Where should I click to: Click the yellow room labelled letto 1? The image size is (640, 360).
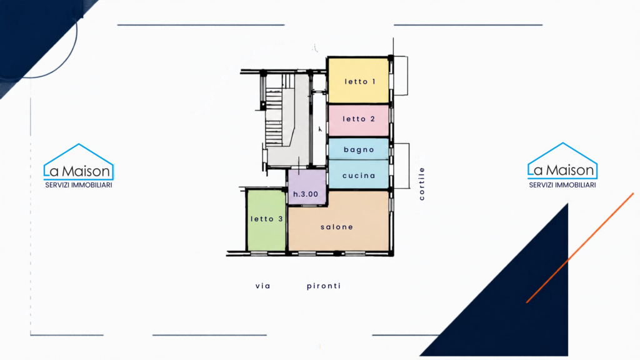tap(358, 81)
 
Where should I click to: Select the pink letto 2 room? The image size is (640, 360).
tap(358, 121)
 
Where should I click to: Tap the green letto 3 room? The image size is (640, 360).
tap(266, 221)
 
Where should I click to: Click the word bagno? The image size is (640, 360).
tap(359, 150)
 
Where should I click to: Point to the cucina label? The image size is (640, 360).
tap(359, 176)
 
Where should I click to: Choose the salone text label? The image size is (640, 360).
tap(337, 227)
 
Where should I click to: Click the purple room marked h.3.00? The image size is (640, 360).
tap(307, 187)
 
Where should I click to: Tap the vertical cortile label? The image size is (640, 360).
tap(422, 184)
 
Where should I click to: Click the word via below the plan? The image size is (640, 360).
tap(263, 286)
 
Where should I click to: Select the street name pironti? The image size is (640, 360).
tap(324, 286)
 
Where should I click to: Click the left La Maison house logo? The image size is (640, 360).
tap(78, 162)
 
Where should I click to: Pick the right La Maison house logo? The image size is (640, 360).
tap(562, 161)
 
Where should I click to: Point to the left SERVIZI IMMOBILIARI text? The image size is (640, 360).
tap(78, 185)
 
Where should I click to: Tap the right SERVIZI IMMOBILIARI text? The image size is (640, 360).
tap(562, 185)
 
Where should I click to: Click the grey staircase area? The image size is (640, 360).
tap(286, 122)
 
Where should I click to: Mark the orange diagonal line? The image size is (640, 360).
tap(580, 247)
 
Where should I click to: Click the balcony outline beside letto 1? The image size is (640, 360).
tap(401, 76)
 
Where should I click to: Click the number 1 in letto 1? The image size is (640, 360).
tap(373, 82)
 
